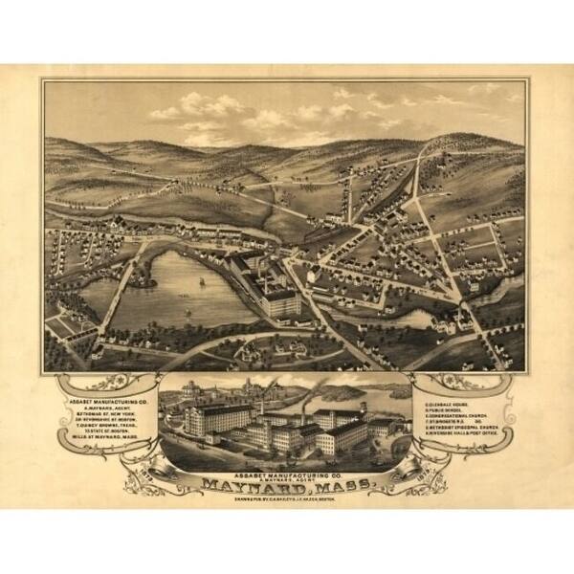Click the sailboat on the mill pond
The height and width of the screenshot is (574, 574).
201,283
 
